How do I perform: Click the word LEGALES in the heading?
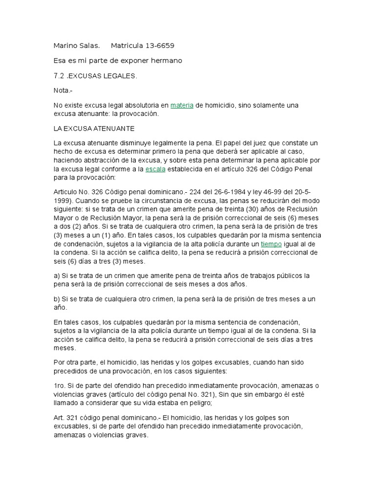tap(122, 76)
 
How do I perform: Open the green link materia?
tap(182, 106)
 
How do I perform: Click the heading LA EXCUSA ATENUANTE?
tap(93, 128)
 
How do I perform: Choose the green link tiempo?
tap(271, 243)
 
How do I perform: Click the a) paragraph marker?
tap(56, 276)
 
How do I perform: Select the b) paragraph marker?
tap(56, 299)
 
